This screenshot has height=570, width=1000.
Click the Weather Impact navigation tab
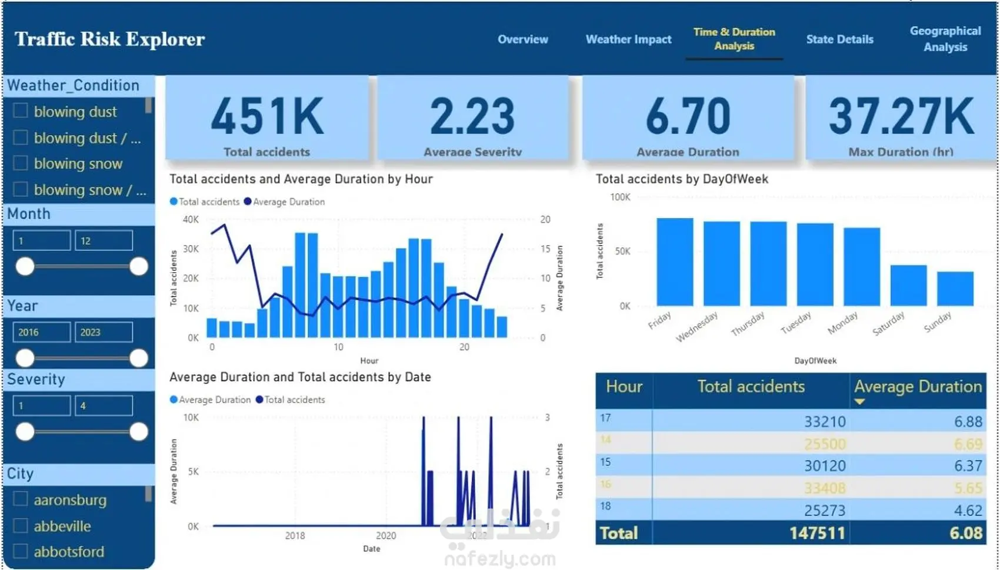pos(628,39)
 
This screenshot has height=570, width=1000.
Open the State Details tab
pos(839,39)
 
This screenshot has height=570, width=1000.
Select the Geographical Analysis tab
pos(945,39)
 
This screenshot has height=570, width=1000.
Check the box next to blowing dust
pos(21,111)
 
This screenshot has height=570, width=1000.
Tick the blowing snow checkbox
pos(21,163)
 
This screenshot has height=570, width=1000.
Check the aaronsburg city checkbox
pos(21,499)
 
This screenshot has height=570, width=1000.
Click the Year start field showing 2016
pos(41,332)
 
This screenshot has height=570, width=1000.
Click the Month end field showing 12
pos(104,240)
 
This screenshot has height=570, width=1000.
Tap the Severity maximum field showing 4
pos(104,405)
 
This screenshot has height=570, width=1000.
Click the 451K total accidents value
pos(267,116)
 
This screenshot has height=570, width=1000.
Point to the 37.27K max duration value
pos(901,116)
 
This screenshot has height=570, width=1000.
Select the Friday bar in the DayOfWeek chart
pos(675,262)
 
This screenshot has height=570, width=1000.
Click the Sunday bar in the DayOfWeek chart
pos(955,289)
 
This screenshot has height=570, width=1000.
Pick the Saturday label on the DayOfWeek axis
pos(888,324)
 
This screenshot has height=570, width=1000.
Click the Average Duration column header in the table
pos(918,387)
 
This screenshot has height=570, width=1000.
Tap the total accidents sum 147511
pos(817,533)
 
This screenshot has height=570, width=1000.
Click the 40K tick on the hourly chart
pos(191,219)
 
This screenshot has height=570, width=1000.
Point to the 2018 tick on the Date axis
pos(295,535)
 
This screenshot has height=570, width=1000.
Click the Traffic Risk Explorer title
pos(110,39)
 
